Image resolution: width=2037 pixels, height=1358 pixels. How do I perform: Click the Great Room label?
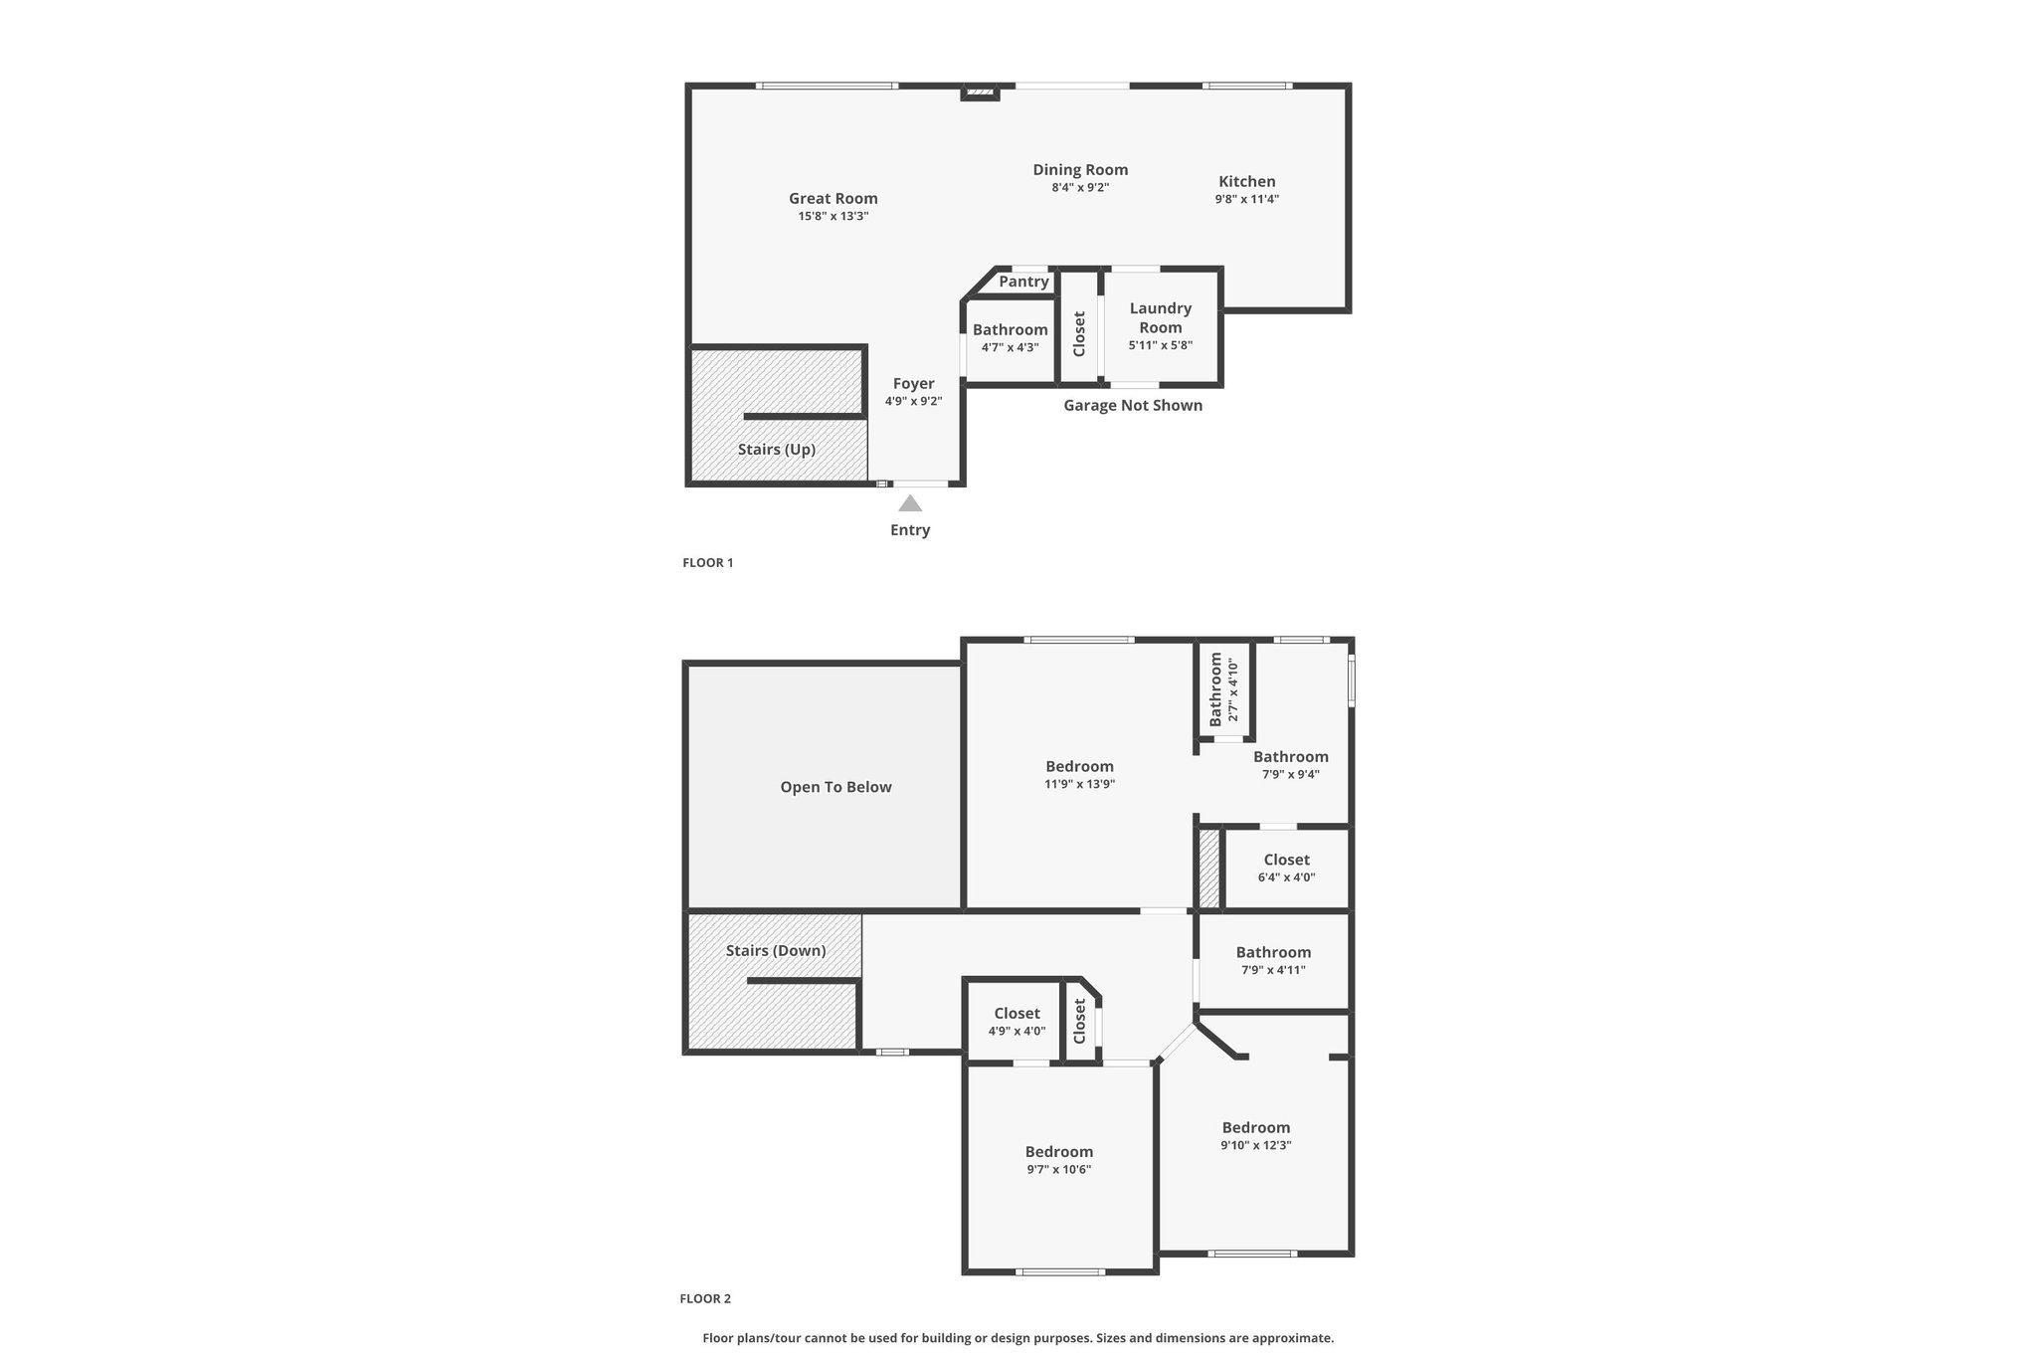click(833, 198)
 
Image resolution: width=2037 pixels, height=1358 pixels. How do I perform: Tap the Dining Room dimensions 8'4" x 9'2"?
click(1080, 187)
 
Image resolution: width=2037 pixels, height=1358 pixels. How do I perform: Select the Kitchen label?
click(1247, 181)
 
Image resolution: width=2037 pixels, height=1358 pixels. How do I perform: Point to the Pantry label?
click(1023, 282)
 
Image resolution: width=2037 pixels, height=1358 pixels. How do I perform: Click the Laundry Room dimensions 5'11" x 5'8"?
click(1161, 345)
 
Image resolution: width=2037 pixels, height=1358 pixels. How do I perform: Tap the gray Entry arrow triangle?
click(910, 503)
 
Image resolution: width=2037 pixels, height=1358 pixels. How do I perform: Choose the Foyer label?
click(913, 384)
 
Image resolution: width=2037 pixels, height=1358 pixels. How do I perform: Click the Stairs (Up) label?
click(777, 450)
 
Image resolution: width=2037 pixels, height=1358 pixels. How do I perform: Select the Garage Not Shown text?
click(1133, 405)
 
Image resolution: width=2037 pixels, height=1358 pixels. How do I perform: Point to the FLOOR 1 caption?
click(708, 562)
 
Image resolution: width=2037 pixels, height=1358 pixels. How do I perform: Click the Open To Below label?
click(835, 787)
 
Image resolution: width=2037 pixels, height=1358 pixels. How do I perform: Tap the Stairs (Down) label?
click(776, 950)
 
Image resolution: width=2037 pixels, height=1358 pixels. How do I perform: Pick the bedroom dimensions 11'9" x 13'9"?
click(1079, 784)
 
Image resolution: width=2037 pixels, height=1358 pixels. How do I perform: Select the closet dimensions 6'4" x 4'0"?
click(1287, 877)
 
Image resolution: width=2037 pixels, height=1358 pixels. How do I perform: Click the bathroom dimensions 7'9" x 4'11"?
click(1273, 970)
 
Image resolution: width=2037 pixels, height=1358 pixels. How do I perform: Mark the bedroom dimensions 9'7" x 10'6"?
click(1059, 1170)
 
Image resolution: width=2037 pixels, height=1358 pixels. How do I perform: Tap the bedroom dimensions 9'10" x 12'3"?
click(1256, 1145)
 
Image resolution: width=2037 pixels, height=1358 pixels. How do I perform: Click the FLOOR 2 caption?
click(705, 1298)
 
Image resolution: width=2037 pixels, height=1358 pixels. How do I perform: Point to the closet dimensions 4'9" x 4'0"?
click(1017, 1032)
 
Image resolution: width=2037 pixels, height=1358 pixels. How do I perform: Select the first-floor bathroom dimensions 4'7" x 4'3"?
click(1010, 347)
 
